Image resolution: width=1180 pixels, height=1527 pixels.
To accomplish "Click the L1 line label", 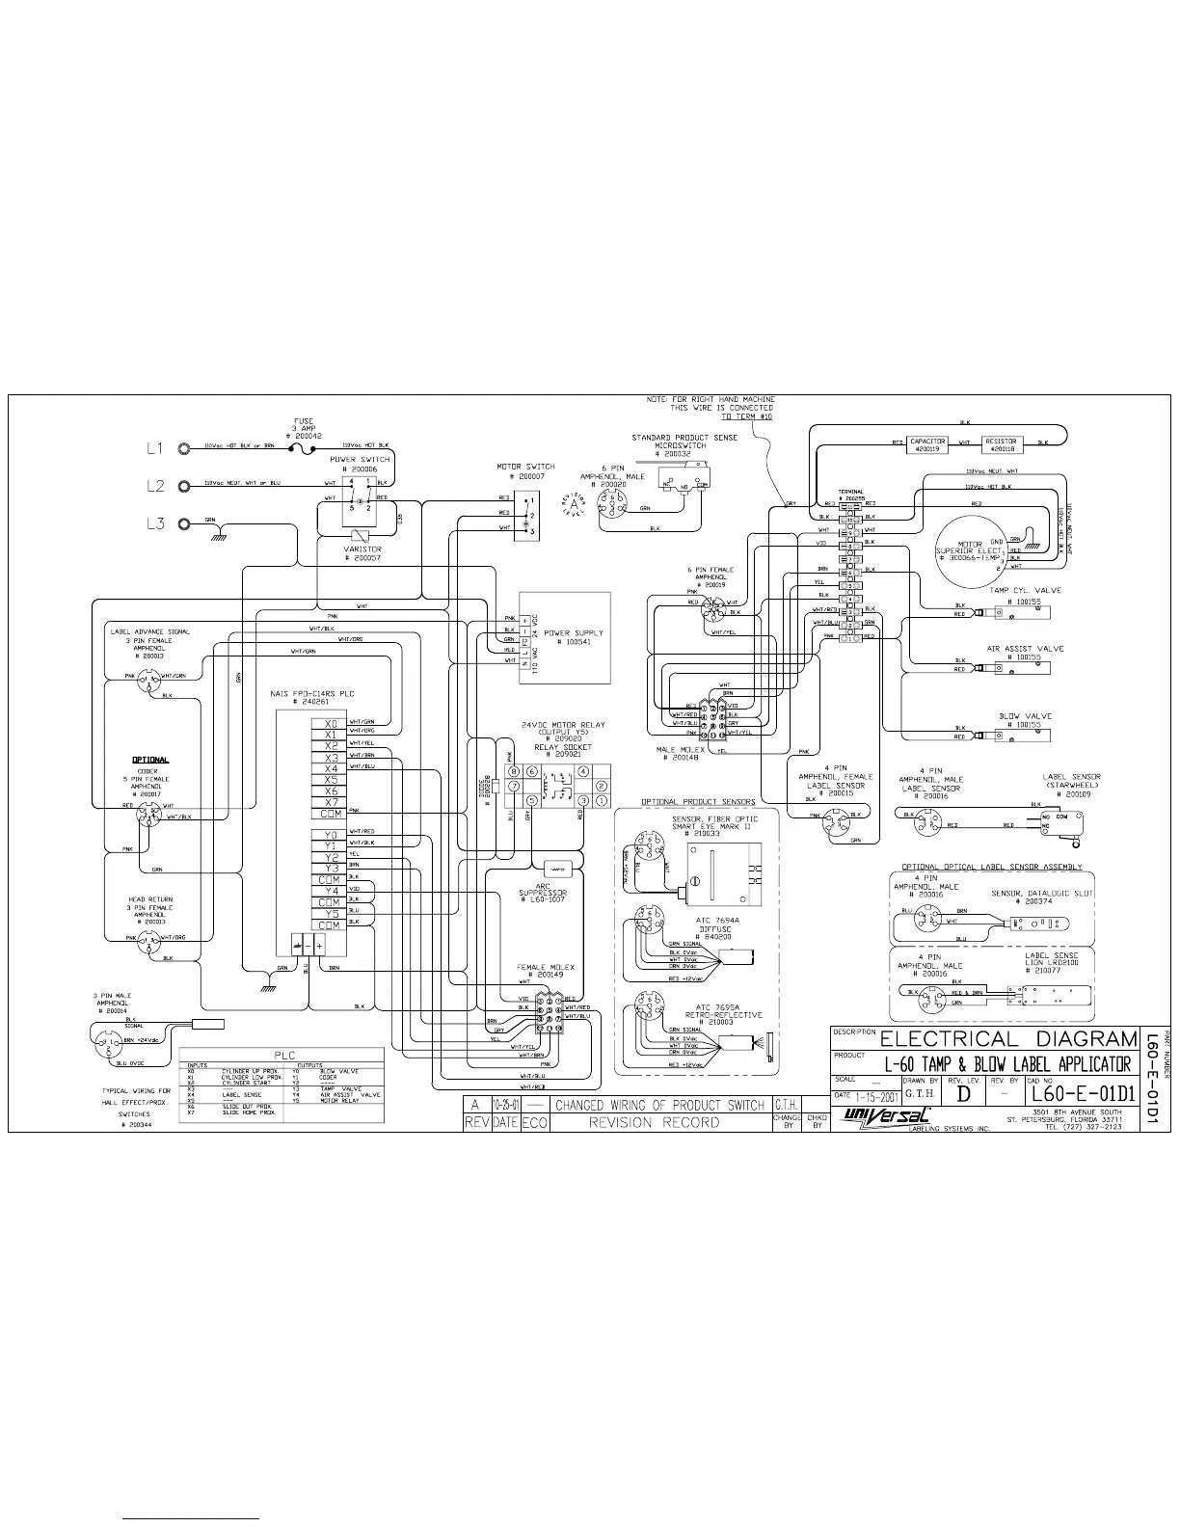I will (x=155, y=448).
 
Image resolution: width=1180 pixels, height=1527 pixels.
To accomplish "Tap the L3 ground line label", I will (x=155, y=524).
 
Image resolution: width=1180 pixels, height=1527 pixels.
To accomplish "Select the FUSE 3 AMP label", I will (x=303, y=428).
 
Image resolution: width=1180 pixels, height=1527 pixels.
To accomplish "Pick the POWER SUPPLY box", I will (x=565, y=636).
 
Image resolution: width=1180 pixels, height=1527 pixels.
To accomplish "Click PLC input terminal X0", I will (x=331, y=722).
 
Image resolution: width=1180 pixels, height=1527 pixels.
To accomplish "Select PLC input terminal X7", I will (x=331, y=802).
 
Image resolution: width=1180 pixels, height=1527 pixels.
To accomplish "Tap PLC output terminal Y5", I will (x=331, y=913).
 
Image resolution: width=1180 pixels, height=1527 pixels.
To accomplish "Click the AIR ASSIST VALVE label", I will (x=1025, y=649).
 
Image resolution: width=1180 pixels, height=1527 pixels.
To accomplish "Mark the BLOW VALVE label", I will (x=1025, y=716).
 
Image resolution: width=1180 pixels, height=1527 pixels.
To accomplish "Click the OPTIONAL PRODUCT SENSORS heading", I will (x=698, y=801).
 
